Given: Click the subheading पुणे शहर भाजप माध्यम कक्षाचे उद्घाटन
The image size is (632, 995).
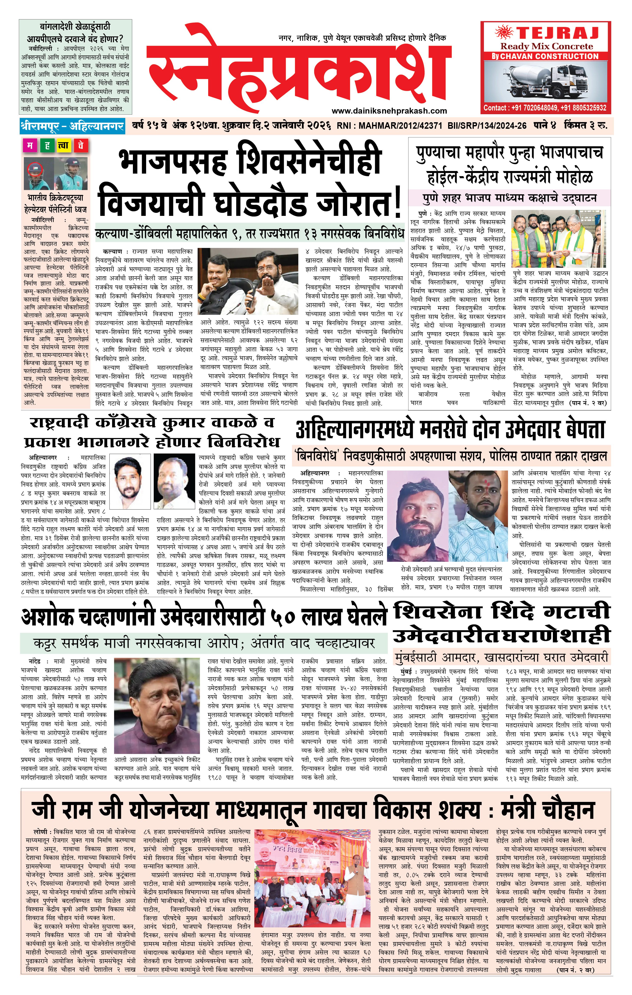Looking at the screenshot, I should coord(509,198).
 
